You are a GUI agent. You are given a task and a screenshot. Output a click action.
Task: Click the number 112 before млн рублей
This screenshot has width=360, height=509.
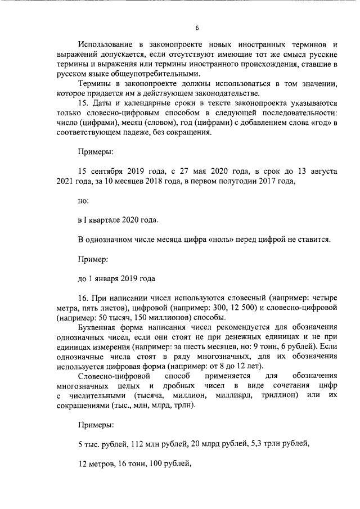click(138, 445)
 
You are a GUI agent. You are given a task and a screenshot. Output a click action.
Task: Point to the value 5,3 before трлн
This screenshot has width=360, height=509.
click(256, 445)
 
